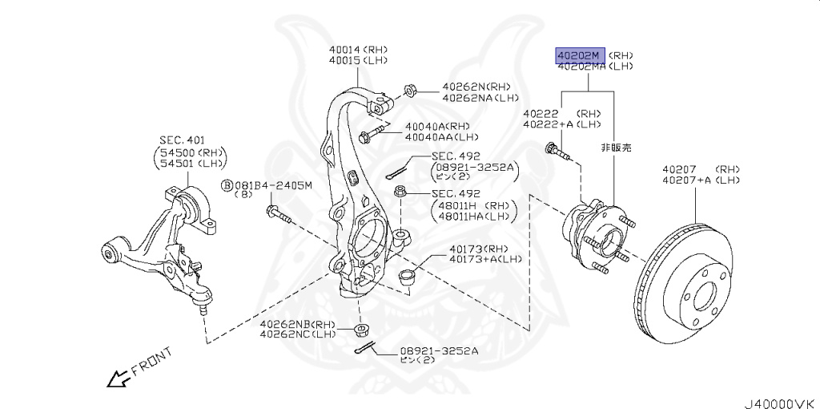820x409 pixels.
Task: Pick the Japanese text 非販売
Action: [617, 148]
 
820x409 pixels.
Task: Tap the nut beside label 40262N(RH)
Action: [408, 87]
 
